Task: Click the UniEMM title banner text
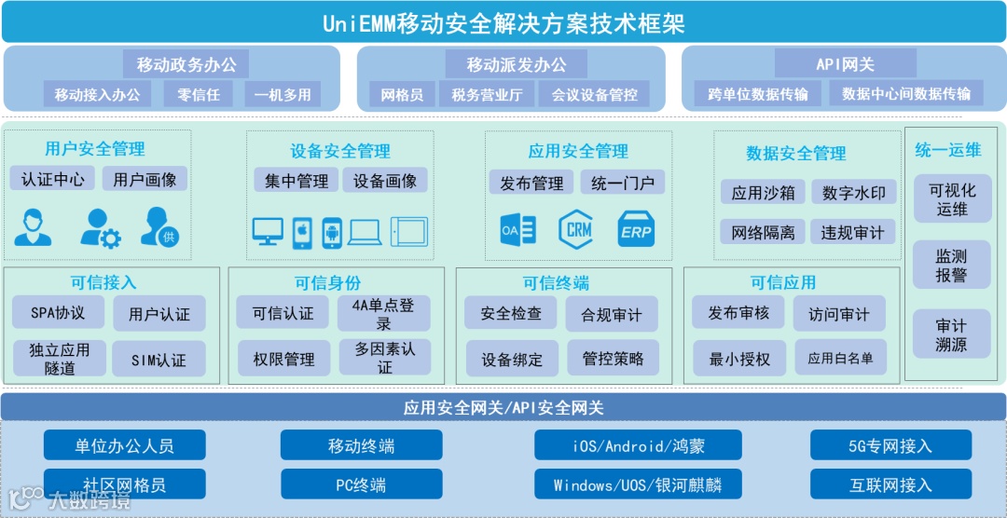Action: point(504,22)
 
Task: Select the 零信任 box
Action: point(198,94)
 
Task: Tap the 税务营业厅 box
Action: point(487,94)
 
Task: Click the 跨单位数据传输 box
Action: point(758,94)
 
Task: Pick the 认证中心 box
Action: point(52,179)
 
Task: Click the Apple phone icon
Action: point(301,232)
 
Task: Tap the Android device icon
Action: point(331,232)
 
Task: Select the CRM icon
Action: point(575,229)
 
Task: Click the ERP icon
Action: point(636,229)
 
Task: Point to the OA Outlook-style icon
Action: point(517,229)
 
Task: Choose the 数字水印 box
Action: point(853,193)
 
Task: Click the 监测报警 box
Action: point(951,266)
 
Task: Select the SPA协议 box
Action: point(58,313)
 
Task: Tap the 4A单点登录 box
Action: point(384,314)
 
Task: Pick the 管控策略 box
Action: point(613,359)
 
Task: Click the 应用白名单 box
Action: point(840,358)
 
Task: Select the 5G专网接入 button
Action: point(890,445)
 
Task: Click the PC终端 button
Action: point(361,484)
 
